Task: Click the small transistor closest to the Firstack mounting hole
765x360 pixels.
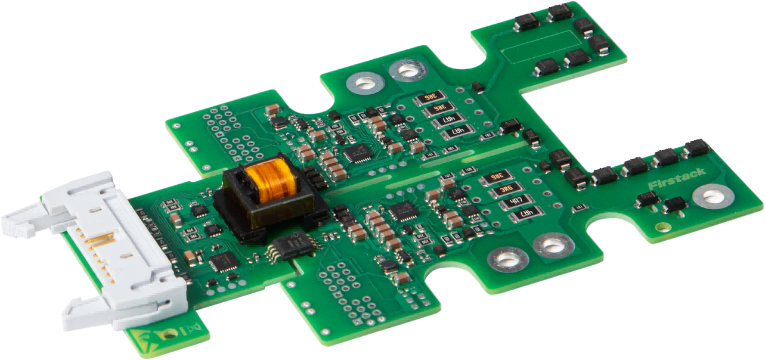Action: pos(675,204)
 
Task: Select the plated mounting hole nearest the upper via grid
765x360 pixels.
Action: pos(363,83)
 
